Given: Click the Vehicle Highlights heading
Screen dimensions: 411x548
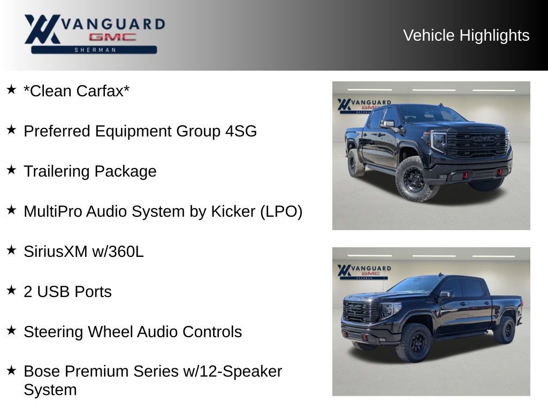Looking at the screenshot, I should [x=466, y=35].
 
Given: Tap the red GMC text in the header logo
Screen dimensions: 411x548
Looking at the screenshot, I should [x=112, y=37].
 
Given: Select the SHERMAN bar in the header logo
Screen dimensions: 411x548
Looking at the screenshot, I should [x=94, y=50].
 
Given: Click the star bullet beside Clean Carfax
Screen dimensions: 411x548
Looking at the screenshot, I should [x=11, y=89].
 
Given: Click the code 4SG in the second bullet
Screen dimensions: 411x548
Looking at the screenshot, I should [x=240, y=131].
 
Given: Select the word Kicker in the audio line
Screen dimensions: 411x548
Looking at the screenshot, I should [x=230, y=211].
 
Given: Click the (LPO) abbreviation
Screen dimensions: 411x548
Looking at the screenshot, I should [x=281, y=211].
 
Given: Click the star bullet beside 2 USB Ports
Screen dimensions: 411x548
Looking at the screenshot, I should [x=11, y=290].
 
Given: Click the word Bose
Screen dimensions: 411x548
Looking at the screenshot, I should [x=41, y=371].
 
